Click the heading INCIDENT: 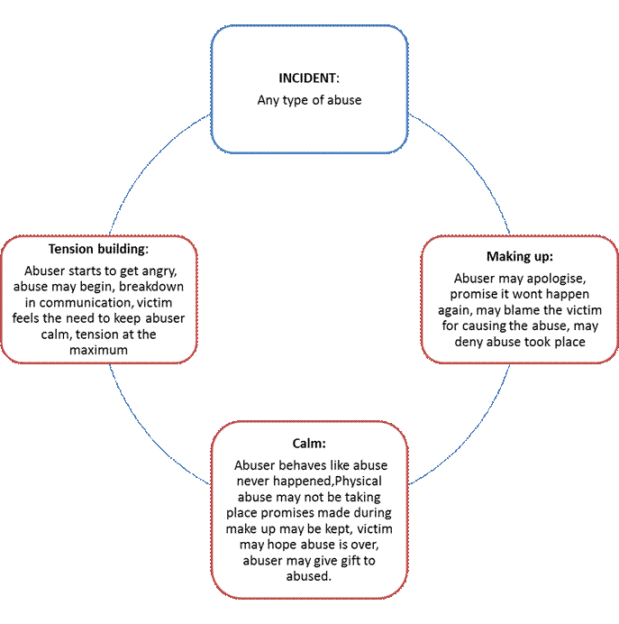[x=309, y=78]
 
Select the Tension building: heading [x=98, y=249]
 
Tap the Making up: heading [x=520, y=257]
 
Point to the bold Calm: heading [x=309, y=444]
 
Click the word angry [x=159, y=271]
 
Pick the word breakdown [x=151, y=287]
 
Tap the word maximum [x=98, y=350]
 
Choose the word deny [x=469, y=342]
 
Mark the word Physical [x=359, y=482]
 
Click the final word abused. [x=308, y=576]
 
